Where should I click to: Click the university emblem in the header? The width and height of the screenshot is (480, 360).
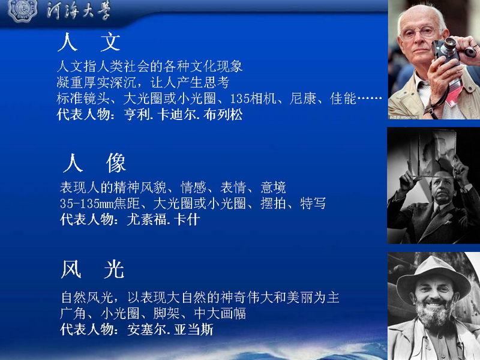tap(23, 10)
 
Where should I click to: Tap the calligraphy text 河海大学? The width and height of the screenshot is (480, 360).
tap(79, 11)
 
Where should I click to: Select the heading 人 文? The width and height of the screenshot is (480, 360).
tap(89, 42)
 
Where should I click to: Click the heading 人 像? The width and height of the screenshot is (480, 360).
tap(94, 163)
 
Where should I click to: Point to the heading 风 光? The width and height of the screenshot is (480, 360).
tap(92, 269)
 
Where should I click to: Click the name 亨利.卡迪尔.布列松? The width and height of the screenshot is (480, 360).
tap(184, 115)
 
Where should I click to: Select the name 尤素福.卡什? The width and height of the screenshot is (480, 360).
tap(163, 219)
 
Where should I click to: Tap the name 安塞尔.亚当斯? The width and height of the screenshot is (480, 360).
tap(170, 329)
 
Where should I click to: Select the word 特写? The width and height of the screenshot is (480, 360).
tap(313, 203)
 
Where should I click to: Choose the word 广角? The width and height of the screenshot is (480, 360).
tap(73, 313)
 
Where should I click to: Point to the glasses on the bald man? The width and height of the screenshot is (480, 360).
tap(421, 32)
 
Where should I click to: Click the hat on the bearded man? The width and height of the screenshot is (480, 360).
tap(433, 277)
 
